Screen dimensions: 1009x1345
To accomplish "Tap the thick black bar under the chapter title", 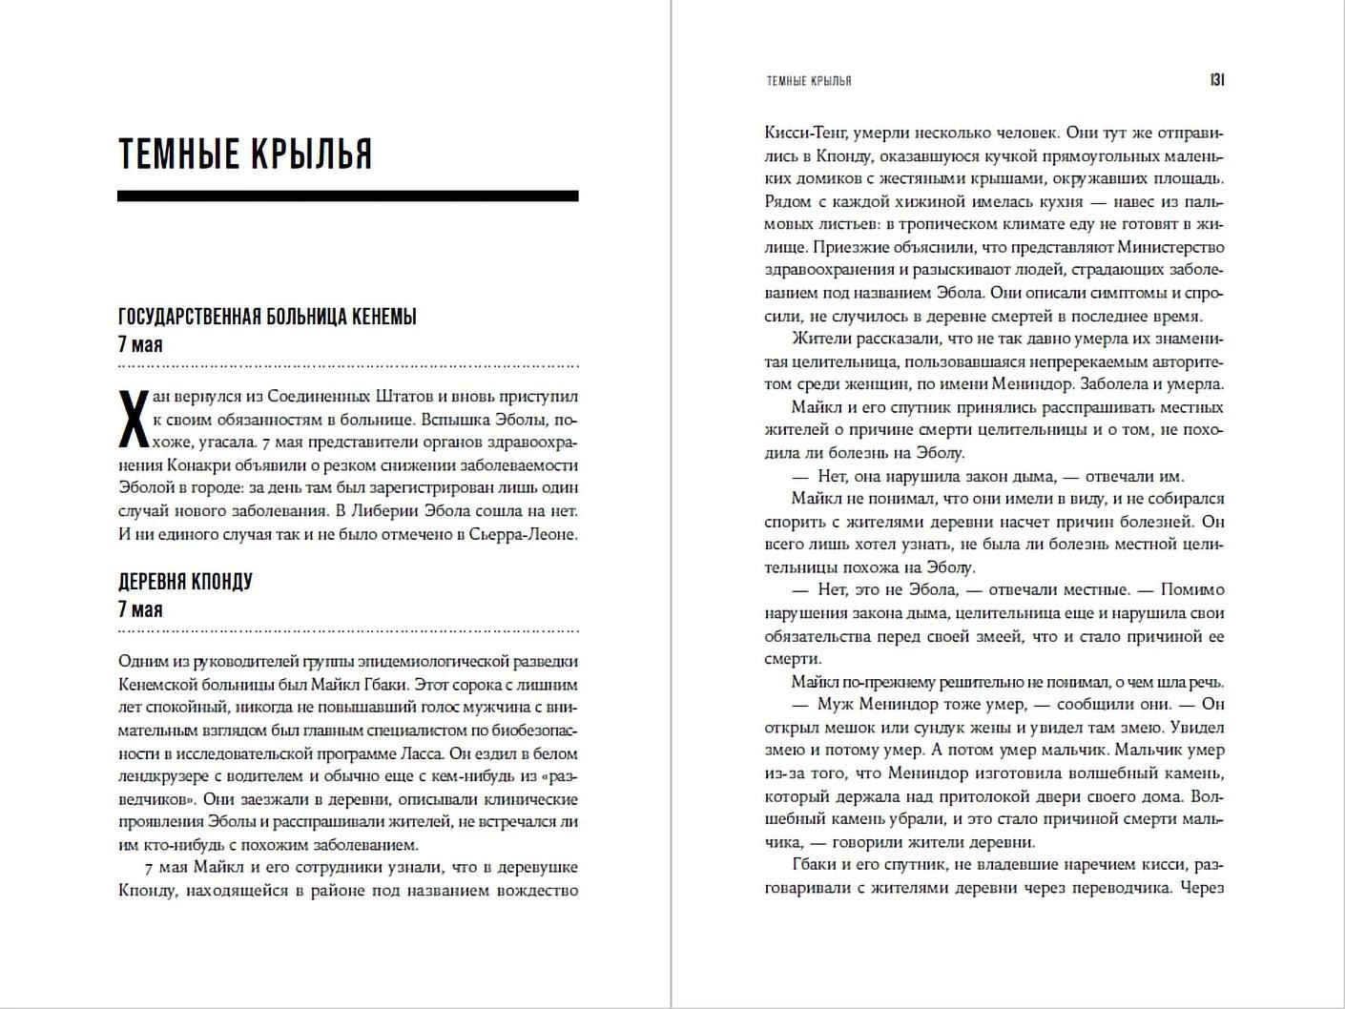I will pyautogui.click(x=347, y=196).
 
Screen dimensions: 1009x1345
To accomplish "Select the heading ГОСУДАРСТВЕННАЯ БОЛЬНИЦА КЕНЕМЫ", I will pyautogui.click(x=267, y=317).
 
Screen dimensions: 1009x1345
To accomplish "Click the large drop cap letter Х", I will pyautogui.click(x=133, y=419).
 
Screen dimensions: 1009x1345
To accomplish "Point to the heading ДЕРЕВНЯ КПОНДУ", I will pyautogui.click(x=185, y=582).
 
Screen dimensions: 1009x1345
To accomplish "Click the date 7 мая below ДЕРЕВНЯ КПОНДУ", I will pyautogui.click(x=140, y=610).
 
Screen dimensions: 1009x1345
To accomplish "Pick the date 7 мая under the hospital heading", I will pyautogui.click(x=140, y=345).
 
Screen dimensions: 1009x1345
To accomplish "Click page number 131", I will pyautogui.click(x=1216, y=81).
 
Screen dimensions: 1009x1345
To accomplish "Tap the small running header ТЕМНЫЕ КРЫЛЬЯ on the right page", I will pyautogui.click(x=809, y=82).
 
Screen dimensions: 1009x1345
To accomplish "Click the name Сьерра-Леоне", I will pyautogui.click(x=523, y=534).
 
